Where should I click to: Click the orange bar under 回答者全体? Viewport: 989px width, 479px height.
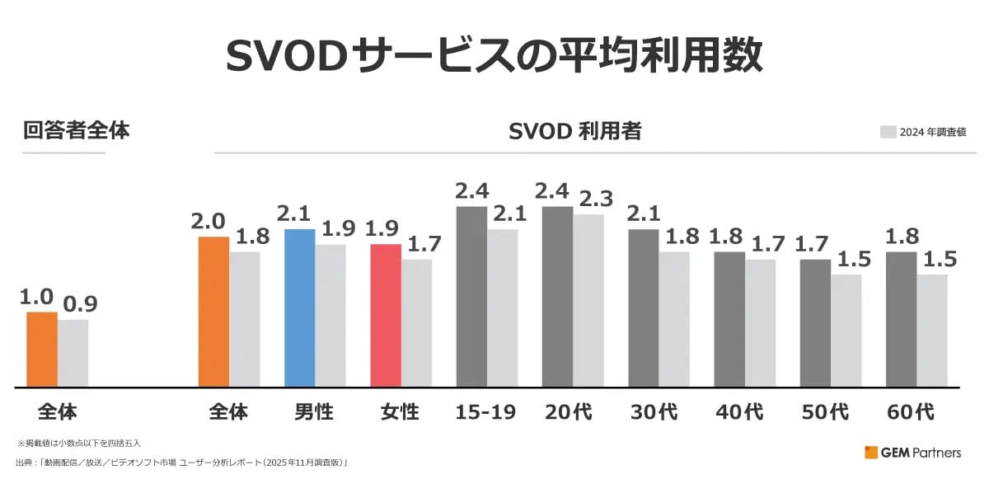point(42,349)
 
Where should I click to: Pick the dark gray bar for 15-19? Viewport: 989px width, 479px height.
point(471,296)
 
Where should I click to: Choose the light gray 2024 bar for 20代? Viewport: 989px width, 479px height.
point(588,300)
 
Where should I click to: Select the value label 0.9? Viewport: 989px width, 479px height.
point(80,304)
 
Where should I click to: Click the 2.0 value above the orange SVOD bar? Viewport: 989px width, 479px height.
point(209,221)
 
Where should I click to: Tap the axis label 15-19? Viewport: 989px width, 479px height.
point(485,411)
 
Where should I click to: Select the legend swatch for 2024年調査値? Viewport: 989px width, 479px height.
point(888,132)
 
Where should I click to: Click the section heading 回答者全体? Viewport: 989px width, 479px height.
point(76,130)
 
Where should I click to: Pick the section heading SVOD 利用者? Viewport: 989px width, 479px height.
point(575,131)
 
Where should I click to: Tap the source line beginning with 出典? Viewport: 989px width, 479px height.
point(181,463)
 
